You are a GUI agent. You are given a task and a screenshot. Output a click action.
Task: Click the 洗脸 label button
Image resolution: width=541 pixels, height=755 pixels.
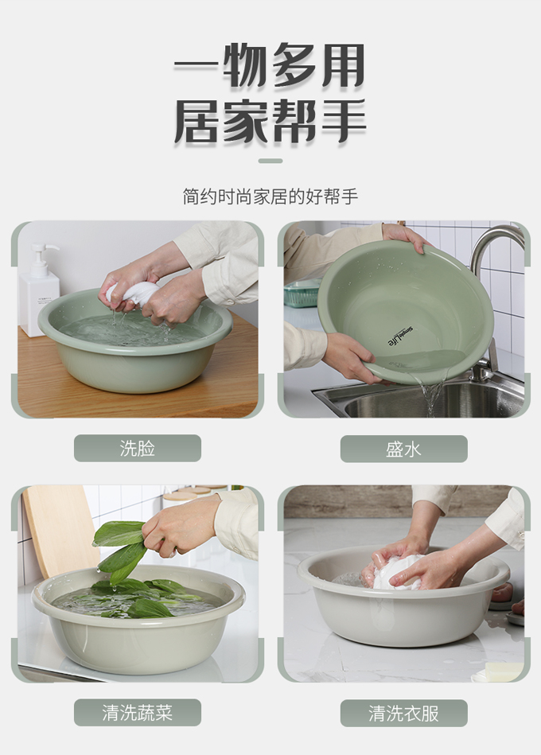tap(137, 448)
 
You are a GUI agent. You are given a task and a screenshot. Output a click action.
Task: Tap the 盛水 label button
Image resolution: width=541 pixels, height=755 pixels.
tap(403, 449)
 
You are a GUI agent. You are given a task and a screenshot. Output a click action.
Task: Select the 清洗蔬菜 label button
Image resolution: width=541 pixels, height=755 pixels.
tap(137, 713)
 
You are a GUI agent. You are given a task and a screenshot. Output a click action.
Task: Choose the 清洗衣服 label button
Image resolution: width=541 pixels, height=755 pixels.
tap(403, 713)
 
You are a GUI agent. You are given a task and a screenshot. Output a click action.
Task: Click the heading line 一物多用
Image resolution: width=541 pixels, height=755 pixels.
tap(270, 65)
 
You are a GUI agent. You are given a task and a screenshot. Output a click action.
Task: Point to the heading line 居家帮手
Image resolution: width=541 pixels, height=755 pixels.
tap(270, 121)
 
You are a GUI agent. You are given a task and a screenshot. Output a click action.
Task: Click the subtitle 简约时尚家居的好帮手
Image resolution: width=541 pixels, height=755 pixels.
tap(270, 197)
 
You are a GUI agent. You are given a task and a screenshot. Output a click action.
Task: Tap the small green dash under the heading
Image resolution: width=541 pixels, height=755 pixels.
tap(270, 161)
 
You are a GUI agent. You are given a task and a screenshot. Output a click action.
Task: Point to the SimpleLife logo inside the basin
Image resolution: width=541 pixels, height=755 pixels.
tap(400, 336)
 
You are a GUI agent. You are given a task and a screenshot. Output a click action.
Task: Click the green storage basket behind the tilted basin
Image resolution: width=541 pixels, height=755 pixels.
tap(302, 294)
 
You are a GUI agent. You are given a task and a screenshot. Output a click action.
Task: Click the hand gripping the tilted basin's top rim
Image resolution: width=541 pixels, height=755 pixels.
tap(404, 236)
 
